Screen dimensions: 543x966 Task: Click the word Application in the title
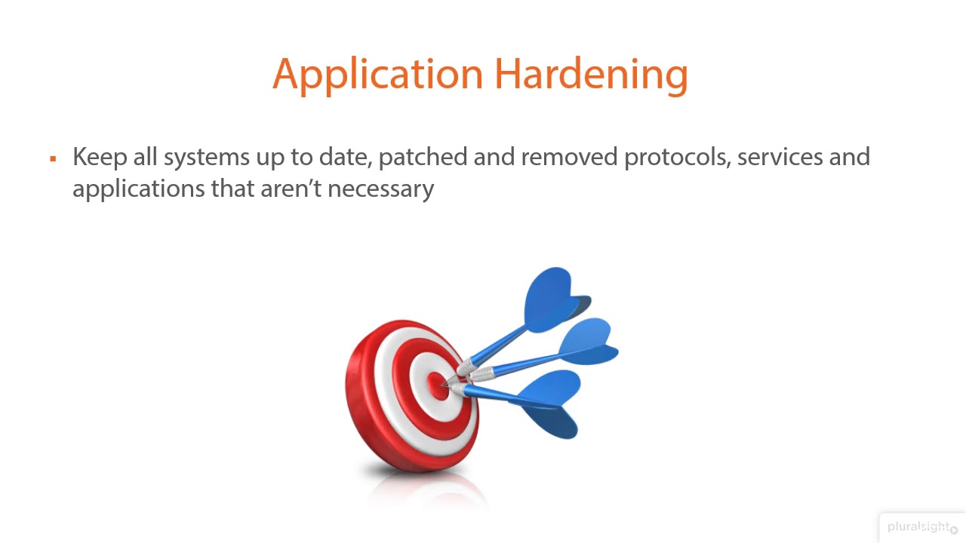[377, 75]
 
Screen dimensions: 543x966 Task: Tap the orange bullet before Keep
[53, 158]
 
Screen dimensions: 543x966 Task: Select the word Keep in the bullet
[98, 157]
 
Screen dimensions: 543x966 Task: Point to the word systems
[206, 158]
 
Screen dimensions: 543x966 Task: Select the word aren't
[291, 189]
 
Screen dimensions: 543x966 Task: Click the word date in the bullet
[345, 157]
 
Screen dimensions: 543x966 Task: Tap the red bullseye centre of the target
[435, 385]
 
